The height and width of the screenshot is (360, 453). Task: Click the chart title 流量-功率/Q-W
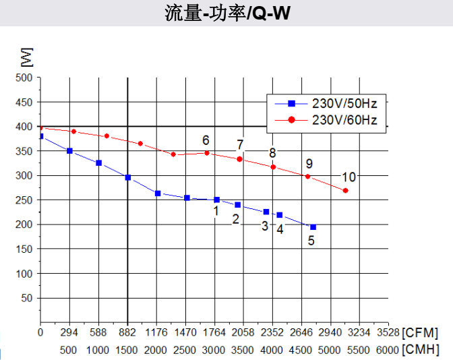pos(227,13)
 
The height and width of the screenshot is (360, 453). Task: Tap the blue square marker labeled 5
pos(313,227)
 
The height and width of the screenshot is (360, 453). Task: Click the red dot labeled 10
pos(345,191)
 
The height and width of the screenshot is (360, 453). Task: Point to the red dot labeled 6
pos(207,153)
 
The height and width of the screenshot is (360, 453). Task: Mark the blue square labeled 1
pos(216,200)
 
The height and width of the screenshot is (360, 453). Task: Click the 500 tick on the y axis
pos(24,78)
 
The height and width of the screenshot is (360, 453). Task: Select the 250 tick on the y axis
pos(24,200)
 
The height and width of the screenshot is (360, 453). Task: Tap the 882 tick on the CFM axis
pos(127,332)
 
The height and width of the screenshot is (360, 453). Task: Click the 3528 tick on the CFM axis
pos(388,332)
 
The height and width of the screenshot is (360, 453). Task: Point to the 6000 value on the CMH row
pos(388,350)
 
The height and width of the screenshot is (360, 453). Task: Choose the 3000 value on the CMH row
pos(214,350)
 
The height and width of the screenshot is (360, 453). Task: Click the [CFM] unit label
pos(420,332)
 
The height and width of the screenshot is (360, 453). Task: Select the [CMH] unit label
pos(420,350)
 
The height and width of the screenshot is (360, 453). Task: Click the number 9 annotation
pos(309,164)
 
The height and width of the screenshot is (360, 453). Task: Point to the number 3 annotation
pos(265,226)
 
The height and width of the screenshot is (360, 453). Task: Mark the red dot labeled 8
pos(273,167)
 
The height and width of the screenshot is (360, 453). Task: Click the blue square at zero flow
pos(40,136)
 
